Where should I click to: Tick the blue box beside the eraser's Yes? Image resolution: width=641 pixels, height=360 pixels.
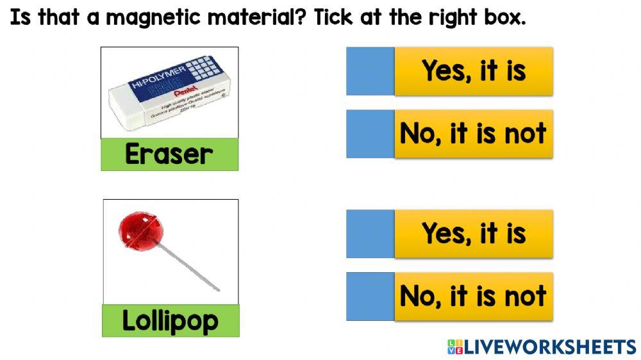click(x=370, y=71)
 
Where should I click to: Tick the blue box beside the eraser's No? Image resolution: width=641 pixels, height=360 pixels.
click(x=370, y=134)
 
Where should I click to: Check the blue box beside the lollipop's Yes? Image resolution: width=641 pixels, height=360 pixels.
click(x=370, y=234)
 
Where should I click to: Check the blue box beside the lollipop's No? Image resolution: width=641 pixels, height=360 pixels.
click(x=370, y=297)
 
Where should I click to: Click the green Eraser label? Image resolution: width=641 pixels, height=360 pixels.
click(x=169, y=154)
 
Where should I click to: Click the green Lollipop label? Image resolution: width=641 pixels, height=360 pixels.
click(x=171, y=320)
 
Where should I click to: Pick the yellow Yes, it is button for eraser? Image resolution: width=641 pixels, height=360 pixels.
click(x=474, y=71)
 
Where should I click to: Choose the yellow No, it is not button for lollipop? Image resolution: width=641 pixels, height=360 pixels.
click(x=474, y=297)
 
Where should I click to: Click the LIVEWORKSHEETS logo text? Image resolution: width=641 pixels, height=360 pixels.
click(x=550, y=347)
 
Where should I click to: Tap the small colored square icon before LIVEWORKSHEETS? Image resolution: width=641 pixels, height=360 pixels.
click(x=454, y=347)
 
